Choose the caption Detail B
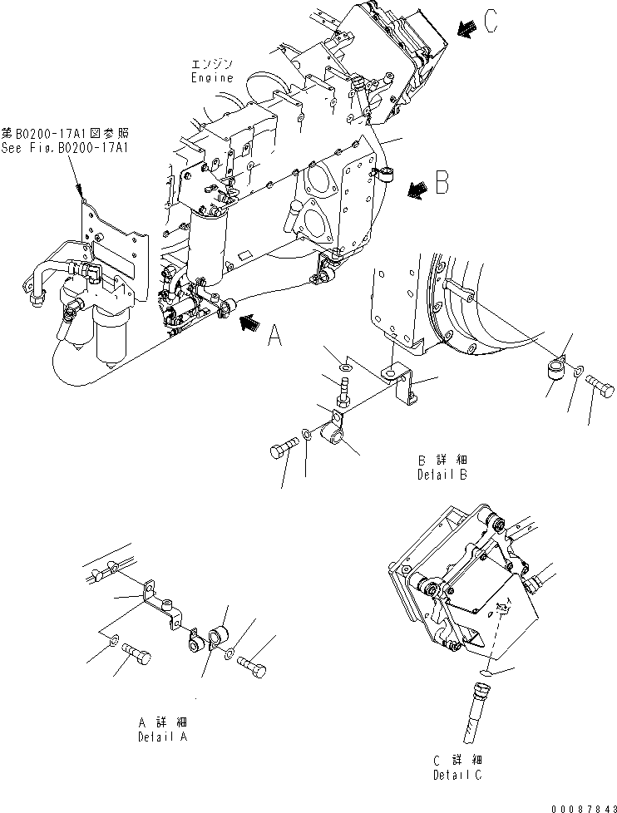click(442, 475)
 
